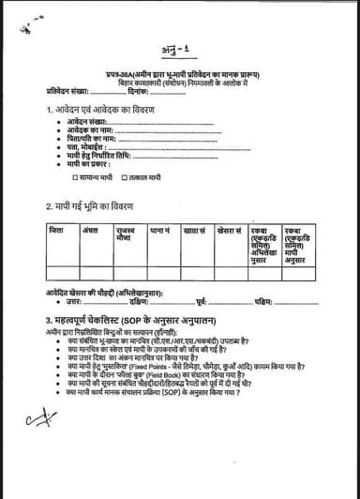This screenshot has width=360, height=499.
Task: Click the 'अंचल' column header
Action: click(x=90, y=229)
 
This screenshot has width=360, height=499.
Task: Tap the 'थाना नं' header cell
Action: click(x=160, y=229)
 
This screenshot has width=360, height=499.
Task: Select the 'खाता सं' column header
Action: click(x=195, y=229)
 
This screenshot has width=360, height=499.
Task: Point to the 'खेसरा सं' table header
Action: click(x=230, y=229)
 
